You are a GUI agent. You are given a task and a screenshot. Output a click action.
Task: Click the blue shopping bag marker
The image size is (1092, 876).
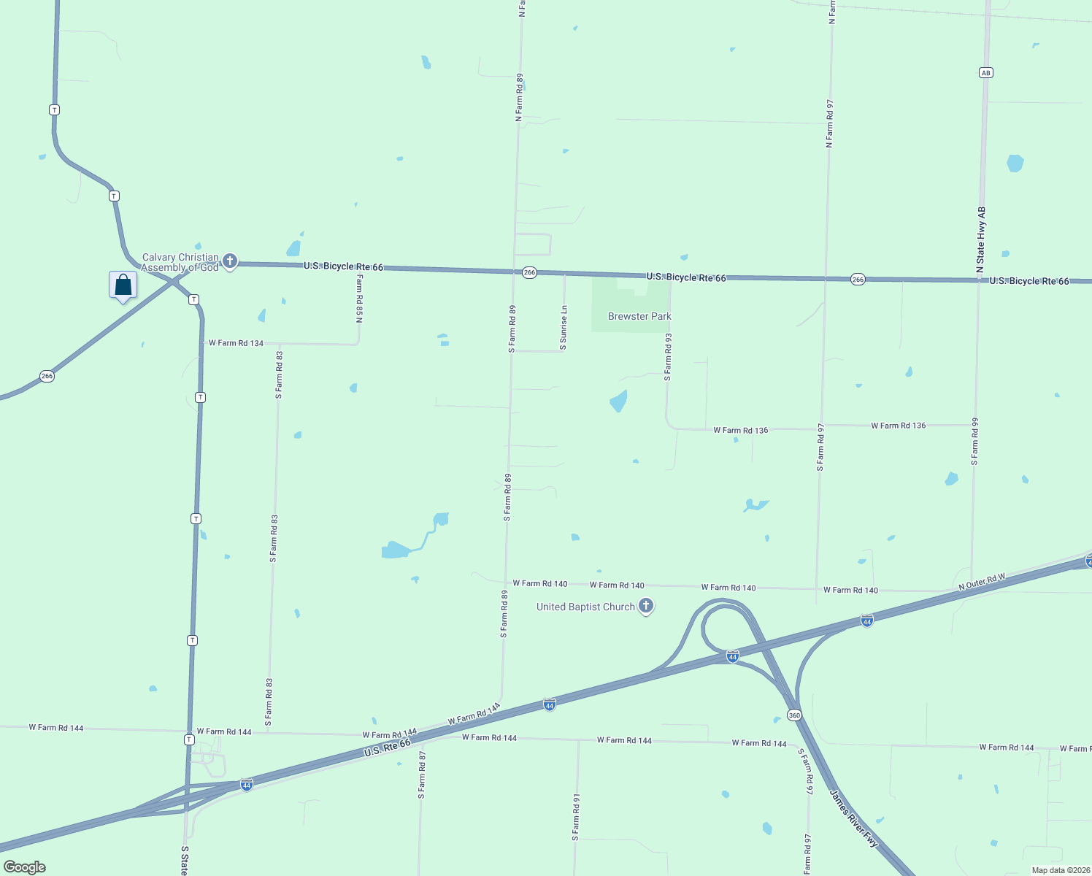[123, 285]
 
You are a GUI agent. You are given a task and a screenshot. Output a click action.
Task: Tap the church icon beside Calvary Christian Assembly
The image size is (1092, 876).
[230, 261]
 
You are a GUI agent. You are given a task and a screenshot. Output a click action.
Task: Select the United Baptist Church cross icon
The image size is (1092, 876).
[645, 605]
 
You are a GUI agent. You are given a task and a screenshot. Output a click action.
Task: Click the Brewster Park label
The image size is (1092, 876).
[639, 316]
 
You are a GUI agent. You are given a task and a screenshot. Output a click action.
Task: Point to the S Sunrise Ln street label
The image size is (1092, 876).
[564, 328]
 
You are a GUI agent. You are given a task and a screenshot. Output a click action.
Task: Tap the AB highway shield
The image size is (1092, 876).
[986, 72]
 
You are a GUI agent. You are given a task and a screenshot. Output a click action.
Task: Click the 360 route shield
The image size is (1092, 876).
[794, 715]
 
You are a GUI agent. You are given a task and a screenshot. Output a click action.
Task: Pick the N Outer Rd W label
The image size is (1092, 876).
[982, 582]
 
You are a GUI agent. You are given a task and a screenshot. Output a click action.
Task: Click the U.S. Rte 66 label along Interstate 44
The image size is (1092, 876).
[388, 748]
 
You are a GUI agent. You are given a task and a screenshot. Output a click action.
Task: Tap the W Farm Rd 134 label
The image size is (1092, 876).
[236, 343]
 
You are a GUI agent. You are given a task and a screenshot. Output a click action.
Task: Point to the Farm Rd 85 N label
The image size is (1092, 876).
[359, 299]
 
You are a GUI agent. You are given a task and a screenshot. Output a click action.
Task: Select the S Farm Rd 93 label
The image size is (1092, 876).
[667, 358]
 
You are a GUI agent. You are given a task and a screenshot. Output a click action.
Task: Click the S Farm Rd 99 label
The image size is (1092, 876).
[974, 442]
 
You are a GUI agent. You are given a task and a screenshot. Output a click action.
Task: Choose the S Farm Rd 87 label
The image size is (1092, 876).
[422, 775]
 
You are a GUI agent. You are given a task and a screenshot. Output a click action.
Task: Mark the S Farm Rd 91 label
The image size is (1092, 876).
[576, 818]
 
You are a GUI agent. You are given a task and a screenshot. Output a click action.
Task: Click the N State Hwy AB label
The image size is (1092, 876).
[981, 240]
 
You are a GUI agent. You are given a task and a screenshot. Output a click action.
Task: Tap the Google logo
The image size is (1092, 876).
[25, 867]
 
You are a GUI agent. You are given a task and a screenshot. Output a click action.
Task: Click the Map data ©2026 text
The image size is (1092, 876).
[1059, 870]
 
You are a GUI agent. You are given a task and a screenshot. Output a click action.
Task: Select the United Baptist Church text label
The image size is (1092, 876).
[585, 607]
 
